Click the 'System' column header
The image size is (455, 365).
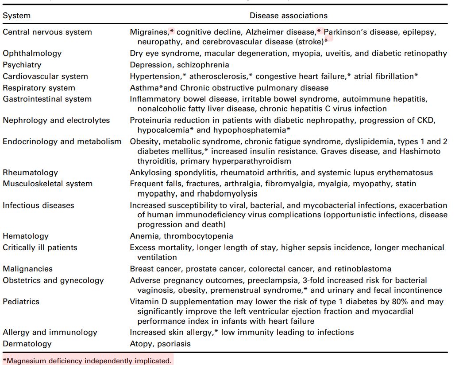17,16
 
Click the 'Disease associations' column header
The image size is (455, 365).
289,16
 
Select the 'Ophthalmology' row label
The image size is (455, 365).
32,53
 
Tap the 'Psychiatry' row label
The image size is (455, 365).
22,65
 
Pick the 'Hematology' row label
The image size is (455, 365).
26,236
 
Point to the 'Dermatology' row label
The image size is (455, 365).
27,344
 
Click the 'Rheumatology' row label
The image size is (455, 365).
30,173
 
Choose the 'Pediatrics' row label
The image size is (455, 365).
21,302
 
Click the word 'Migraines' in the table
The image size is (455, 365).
149,32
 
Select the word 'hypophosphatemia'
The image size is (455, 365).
253,130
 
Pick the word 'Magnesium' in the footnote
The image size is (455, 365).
26,361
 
